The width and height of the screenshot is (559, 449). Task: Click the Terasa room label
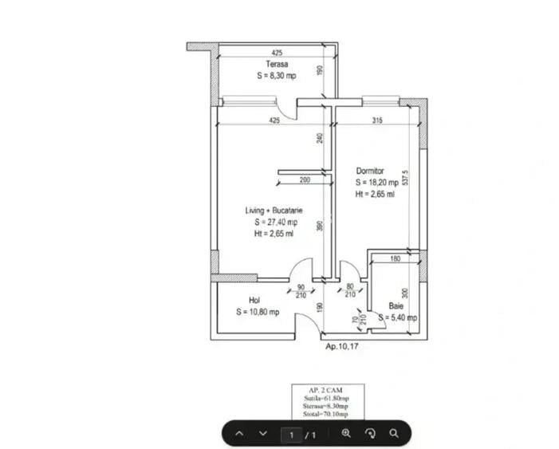(x=277, y=64)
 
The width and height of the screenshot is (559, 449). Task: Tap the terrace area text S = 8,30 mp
(x=277, y=76)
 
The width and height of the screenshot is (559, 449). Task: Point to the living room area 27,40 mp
(x=276, y=223)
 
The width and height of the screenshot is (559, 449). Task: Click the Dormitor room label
(x=371, y=171)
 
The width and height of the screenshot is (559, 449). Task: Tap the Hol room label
(x=254, y=301)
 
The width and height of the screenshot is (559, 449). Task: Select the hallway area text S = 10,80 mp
(x=258, y=313)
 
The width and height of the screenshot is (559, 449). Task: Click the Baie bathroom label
(x=396, y=306)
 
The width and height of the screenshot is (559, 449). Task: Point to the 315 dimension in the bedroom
(x=378, y=121)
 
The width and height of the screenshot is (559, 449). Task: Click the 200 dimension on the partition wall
(x=305, y=180)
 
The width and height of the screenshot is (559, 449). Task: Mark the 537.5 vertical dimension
(x=406, y=177)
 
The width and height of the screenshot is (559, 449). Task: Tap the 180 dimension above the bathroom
(x=395, y=259)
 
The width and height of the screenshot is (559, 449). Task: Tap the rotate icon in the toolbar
(x=370, y=434)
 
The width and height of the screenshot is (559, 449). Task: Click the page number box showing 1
(x=293, y=435)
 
